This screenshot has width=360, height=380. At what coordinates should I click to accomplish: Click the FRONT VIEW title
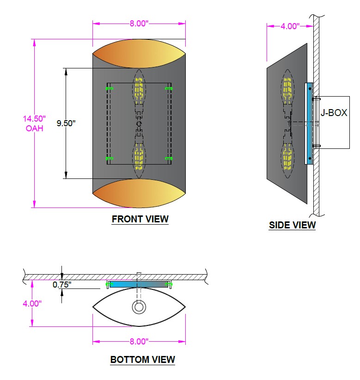tap(140, 219)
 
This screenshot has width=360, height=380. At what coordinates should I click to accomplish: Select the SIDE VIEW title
tap(292, 225)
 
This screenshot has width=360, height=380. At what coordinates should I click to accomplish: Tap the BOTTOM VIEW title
tap(142, 359)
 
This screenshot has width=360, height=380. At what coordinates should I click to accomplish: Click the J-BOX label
tap(334, 113)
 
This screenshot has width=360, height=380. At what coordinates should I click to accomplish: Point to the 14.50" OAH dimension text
tap(34, 123)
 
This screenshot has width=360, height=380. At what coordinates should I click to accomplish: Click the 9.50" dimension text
tap(66, 123)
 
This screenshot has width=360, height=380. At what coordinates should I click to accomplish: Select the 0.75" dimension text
tap(62, 284)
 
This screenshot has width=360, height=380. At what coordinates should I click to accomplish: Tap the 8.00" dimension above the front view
tap(139, 24)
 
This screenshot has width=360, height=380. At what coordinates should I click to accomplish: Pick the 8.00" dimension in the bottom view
tap(139, 342)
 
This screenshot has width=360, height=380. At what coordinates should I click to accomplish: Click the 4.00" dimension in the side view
tap(290, 26)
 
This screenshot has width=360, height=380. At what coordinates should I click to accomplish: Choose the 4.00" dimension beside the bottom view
tap(32, 303)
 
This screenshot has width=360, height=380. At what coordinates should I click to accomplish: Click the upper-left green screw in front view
tap(110, 88)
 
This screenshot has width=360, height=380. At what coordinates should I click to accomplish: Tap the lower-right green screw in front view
tap(169, 159)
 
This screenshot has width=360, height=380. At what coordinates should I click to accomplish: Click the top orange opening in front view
tap(139, 54)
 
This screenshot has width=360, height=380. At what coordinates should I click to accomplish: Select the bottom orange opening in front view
tap(139, 193)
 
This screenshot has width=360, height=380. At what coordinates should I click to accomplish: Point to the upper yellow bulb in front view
tap(139, 88)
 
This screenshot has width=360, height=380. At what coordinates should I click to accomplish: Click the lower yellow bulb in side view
tap(287, 160)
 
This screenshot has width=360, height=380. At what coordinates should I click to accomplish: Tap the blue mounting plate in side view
tap(309, 123)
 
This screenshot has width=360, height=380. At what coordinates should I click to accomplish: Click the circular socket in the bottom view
tap(139, 307)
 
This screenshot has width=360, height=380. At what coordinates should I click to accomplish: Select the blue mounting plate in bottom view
tap(139, 284)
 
